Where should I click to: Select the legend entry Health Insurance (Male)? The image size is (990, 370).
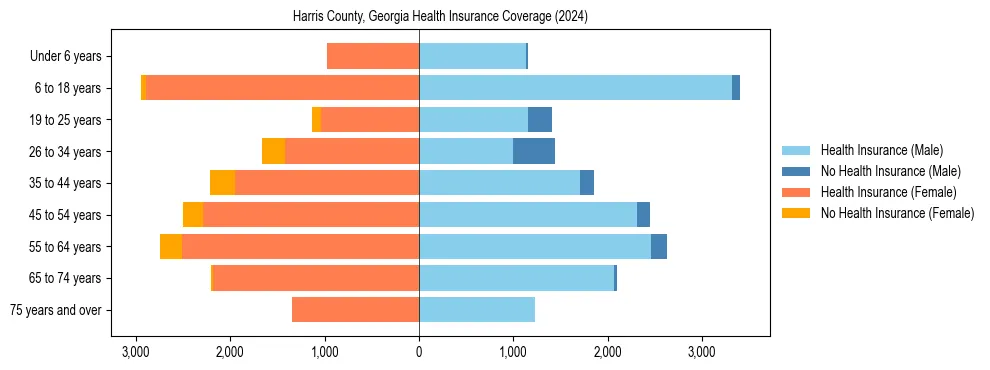[x=881, y=150]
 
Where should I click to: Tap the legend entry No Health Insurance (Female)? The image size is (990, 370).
[x=897, y=213]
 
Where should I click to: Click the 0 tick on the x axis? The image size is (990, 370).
[x=419, y=352]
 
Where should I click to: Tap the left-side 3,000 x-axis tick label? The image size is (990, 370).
[x=136, y=352]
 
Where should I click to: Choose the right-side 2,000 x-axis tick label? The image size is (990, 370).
[x=608, y=352]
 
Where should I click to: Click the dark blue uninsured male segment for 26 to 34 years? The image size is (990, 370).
[x=534, y=151]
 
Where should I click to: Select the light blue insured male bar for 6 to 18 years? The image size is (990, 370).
[x=575, y=88]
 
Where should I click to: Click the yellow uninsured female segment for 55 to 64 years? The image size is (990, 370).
[x=171, y=247]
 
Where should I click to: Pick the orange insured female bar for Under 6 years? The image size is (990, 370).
[x=373, y=57]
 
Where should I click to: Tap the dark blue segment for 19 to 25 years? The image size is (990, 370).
[x=540, y=120]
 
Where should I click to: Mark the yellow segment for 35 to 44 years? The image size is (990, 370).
[x=222, y=183]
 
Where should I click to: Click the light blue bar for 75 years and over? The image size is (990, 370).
[x=477, y=310]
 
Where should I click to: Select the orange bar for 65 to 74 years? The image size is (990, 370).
[x=316, y=278]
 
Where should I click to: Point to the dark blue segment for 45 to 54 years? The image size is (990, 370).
[x=643, y=215]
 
